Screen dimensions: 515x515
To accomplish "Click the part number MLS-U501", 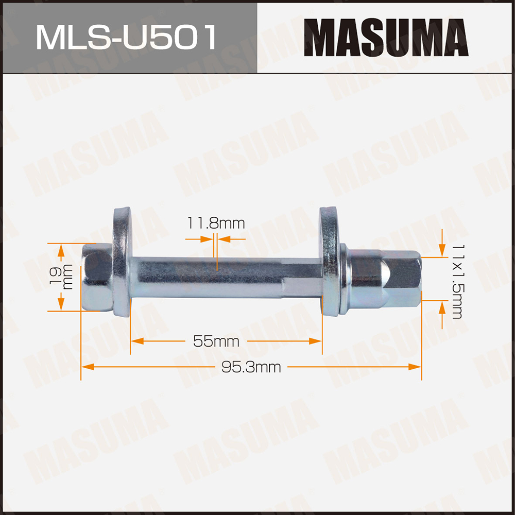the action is pos(126,37).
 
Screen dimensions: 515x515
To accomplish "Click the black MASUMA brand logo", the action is pos(386,38).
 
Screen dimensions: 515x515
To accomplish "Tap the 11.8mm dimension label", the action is pos(216,224).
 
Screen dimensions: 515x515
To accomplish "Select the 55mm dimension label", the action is pos(216,341).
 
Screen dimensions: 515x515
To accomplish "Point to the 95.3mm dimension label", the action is pos(251,367).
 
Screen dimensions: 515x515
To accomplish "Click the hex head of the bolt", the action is pos(97,277).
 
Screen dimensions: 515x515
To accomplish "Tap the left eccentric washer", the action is pos(123,262).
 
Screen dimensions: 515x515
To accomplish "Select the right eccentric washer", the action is pos(329,262).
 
